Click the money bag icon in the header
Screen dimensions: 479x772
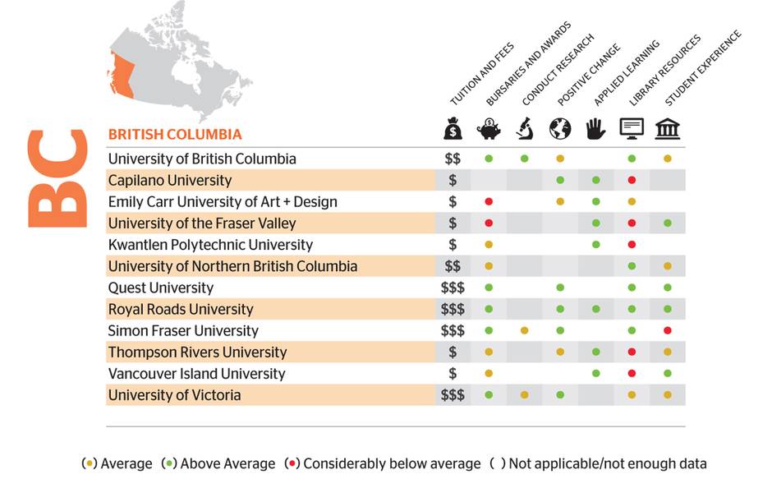click(453, 130)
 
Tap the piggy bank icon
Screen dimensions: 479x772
click(489, 130)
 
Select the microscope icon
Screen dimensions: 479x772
click(524, 130)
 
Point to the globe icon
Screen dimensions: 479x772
click(560, 130)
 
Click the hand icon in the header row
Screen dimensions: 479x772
click(595, 130)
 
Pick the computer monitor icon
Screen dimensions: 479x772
click(632, 130)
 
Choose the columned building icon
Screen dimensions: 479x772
click(668, 130)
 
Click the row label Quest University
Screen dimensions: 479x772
click(161, 288)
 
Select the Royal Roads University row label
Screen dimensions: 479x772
click(181, 309)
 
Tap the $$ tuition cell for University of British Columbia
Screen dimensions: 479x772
click(453, 159)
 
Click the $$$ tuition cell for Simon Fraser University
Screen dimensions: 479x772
click(453, 330)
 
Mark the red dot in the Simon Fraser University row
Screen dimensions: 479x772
click(668, 330)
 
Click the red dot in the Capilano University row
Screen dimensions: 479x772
click(632, 180)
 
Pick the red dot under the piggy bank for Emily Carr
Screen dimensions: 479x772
click(489, 201)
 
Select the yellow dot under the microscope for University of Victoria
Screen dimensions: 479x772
click(524, 395)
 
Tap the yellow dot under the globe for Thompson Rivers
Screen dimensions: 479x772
click(560, 352)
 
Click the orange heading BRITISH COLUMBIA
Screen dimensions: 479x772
click(175, 134)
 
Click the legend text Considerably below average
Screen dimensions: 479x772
click(391, 463)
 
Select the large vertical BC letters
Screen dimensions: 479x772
click(57, 178)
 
